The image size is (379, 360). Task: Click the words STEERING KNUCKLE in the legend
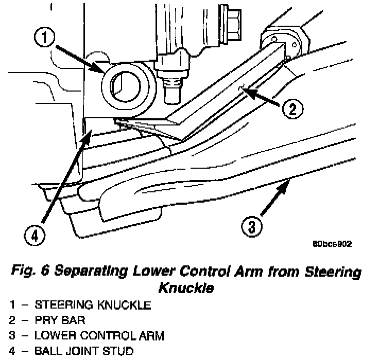93,305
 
